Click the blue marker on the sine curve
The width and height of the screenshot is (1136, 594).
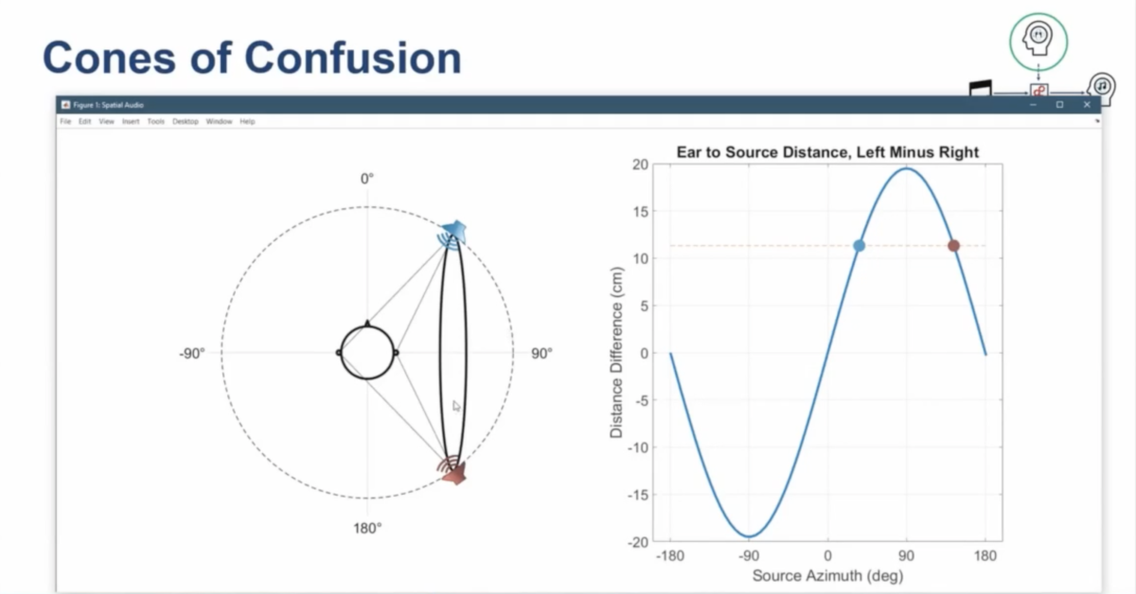click(859, 246)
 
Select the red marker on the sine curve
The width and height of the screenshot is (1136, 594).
click(953, 246)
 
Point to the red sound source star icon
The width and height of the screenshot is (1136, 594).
click(455, 475)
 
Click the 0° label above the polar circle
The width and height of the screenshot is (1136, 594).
click(367, 179)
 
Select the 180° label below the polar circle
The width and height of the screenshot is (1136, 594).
click(367, 528)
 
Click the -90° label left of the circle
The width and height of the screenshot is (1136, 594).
click(191, 354)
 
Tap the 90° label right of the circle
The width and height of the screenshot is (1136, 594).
click(541, 354)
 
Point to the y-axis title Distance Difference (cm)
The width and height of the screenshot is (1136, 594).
click(616, 354)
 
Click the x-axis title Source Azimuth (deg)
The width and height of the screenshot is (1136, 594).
click(827, 575)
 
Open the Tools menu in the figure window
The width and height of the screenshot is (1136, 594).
click(156, 122)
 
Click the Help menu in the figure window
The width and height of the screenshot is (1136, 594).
click(247, 122)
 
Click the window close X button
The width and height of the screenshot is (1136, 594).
click(1087, 105)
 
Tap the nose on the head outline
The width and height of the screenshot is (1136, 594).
click(367, 323)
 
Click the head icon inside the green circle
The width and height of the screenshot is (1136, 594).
click(1038, 38)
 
